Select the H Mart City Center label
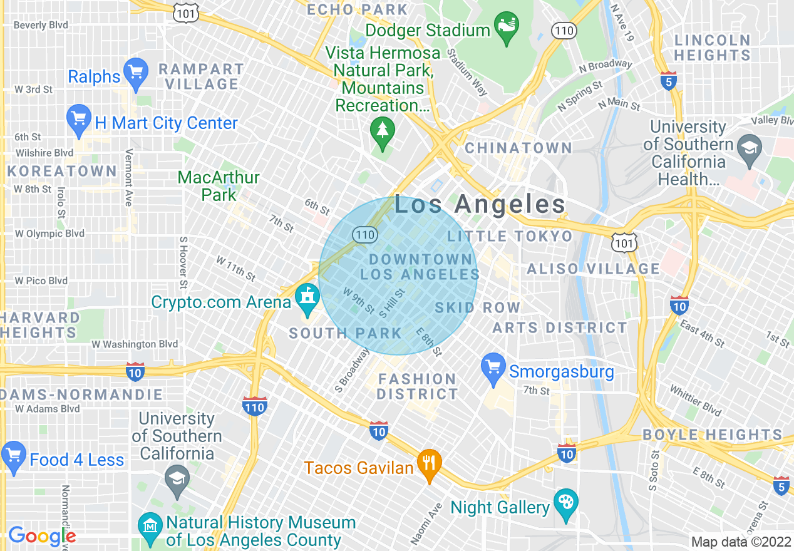point(166,123)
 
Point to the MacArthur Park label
point(219,186)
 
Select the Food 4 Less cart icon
point(14,456)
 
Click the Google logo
point(42,536)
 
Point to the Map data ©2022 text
point(741,542)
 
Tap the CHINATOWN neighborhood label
point(518,148)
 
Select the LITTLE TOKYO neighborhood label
point(510,236)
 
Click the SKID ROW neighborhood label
point(478,307)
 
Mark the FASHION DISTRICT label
point(418,386)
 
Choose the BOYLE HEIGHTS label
point(713,435)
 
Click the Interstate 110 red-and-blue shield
point(254,406)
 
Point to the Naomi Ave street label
point(426,523)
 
